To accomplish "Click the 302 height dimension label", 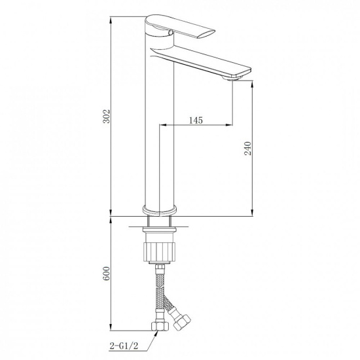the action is click(106, 117).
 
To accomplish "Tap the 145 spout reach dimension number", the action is click(196, 120).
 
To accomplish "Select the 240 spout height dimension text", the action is click(247, 149).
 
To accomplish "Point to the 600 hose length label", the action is click(106, 274).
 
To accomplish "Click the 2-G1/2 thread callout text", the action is click(124, 346).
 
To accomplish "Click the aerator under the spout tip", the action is click(232, 79).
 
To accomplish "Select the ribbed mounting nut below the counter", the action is click(160, 251).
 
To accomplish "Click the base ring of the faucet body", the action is click(160, 210).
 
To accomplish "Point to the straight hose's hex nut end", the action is click(160, 326).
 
